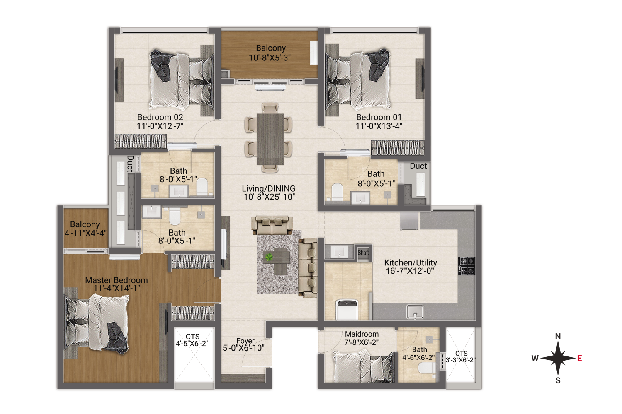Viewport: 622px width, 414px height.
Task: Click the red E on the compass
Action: click(579, 358)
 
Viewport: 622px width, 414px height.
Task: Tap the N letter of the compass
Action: click(558, 336)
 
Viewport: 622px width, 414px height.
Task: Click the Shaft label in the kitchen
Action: click(363, 253)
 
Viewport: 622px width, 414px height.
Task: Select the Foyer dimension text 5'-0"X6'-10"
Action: click(243, 348)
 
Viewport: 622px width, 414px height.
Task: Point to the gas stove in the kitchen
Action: click(466, 266)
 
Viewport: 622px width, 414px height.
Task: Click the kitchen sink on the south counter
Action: click(415, 312)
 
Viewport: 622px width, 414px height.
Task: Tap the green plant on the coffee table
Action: click(269, 257)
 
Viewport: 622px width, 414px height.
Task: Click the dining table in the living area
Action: click(270, 139)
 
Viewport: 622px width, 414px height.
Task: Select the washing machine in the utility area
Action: click(347, 309)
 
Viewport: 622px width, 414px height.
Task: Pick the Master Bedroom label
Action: click(117, 280)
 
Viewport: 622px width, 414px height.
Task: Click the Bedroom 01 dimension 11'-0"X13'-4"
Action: click(379, 126)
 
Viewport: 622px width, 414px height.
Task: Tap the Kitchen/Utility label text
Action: click(411, 262)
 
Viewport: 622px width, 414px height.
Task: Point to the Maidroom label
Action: click(362, 334)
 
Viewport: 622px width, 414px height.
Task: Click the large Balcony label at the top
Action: click(271, 48)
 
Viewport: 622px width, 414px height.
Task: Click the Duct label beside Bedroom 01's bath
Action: click(418, 166)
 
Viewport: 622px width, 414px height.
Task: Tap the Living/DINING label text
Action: click(269, 188)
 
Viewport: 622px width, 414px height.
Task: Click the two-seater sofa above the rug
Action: click(272, 225)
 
